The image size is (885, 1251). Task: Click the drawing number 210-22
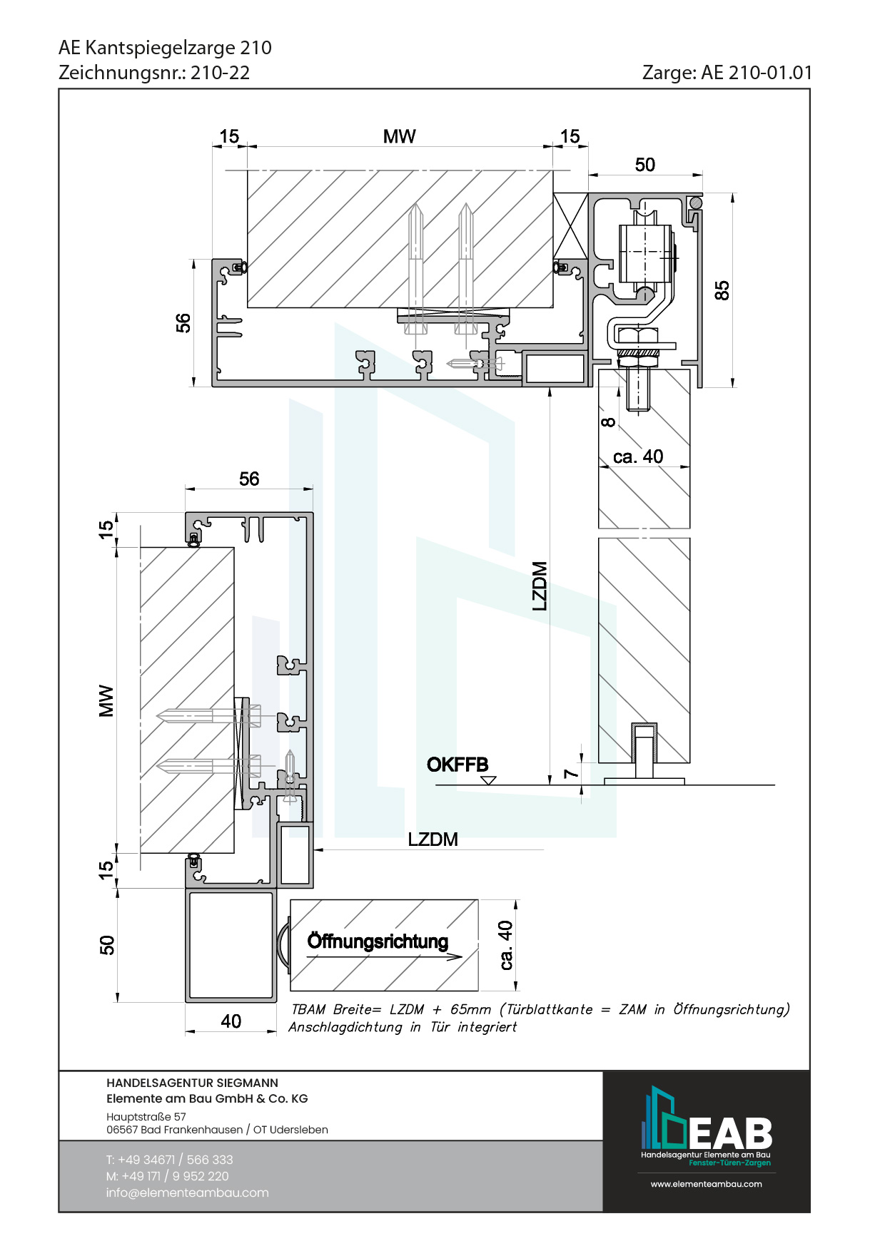221,73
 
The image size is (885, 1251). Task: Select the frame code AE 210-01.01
757,73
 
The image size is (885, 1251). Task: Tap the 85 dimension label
722,290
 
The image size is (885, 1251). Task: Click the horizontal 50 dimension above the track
645,165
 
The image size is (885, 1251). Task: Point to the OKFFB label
457,765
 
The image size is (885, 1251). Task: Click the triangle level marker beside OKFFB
488,780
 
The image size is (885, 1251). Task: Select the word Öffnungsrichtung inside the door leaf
378,941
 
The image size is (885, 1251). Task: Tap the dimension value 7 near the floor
571,773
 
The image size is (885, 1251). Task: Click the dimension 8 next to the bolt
608,422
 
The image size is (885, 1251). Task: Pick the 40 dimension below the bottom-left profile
231,1021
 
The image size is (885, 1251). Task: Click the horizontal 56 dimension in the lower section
249,479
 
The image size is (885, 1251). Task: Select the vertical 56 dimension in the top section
183,323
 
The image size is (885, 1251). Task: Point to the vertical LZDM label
540,586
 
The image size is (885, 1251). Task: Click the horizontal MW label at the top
400,137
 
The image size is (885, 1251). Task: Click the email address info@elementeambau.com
188,1193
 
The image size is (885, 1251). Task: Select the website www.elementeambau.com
707,1184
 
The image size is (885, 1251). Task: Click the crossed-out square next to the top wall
570,225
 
